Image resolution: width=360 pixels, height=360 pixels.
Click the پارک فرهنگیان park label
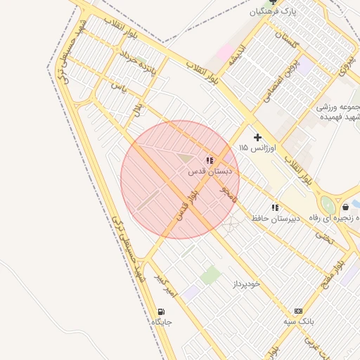pos(274,12)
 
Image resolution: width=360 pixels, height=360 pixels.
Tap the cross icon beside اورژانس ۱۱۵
pos(257,137)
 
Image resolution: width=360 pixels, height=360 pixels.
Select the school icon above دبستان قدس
pos(210,160)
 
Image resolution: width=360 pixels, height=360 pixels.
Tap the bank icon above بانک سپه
pos(298,311)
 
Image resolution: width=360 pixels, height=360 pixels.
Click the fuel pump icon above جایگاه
pos(162,311)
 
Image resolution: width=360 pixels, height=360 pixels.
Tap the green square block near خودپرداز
pos(210,274)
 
